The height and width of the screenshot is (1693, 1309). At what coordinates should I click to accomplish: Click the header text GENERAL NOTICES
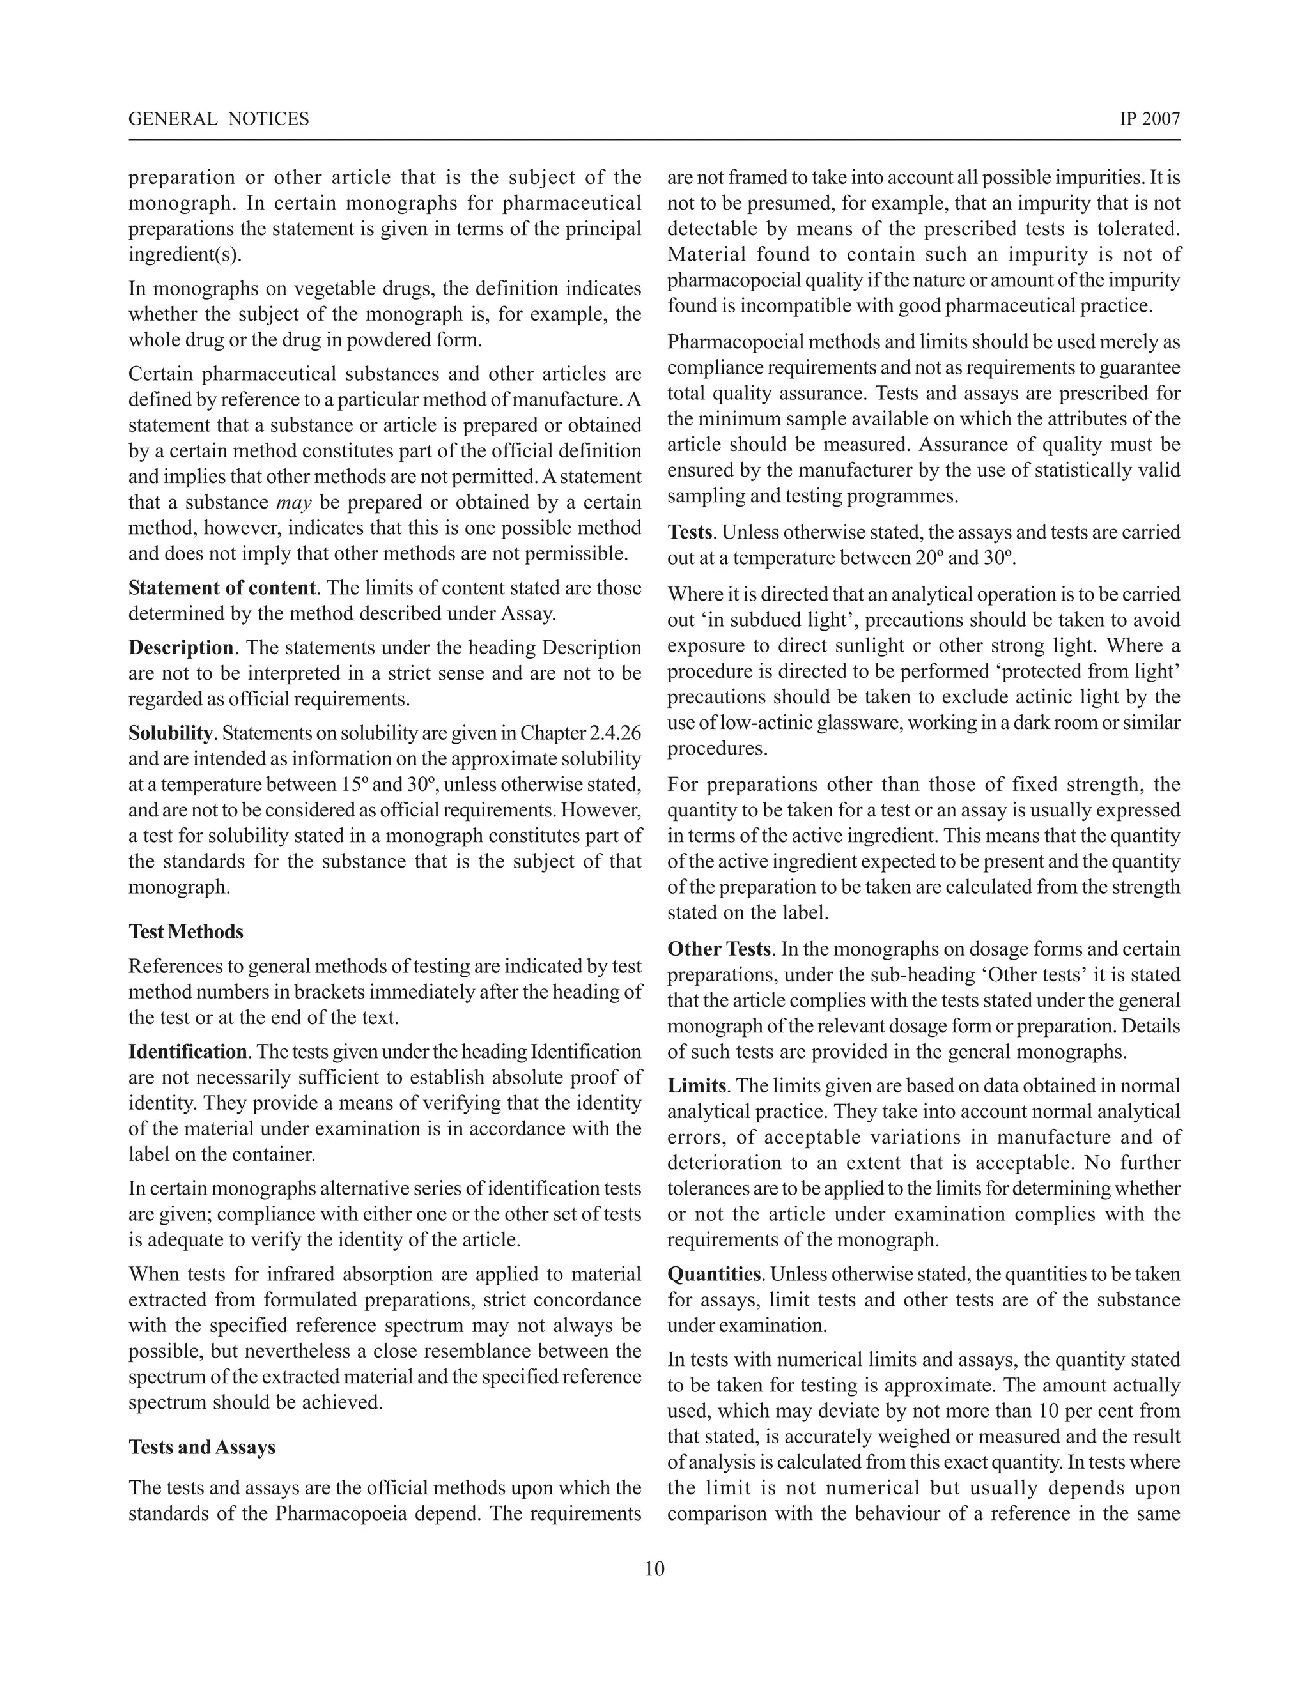pos(218,119)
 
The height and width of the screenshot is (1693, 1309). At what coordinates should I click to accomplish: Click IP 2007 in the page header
pos(1149,119)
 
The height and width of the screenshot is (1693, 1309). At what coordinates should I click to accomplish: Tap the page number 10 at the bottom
pos(654,1569)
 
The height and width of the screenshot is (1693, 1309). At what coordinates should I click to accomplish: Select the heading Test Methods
pos(186,931)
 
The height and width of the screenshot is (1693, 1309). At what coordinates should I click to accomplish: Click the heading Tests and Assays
pos(201,1447)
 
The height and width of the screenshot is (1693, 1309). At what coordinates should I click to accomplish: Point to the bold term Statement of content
pos(222,588)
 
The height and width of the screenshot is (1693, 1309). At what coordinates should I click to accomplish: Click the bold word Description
pos(181,647)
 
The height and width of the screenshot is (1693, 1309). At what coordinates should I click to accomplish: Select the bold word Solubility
pos(170,733)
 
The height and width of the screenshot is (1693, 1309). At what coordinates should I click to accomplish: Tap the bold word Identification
pos(188,1052)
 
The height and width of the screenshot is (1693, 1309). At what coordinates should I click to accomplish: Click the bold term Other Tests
pos(719,949)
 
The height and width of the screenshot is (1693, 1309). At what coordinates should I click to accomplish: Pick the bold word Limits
pos(697,1086)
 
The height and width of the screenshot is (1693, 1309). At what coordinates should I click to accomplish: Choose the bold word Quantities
pos(714,1275)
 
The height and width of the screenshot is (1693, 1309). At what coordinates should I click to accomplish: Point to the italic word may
pos(293,502)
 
